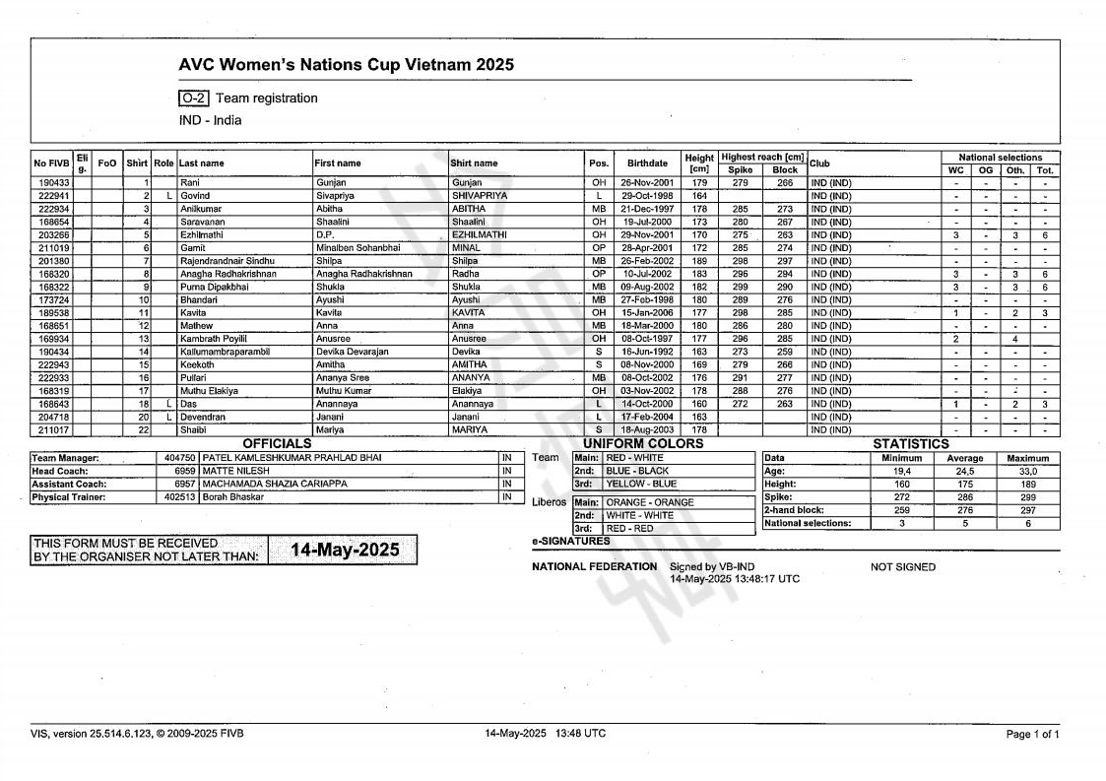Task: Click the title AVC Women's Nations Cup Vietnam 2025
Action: coord(346,66)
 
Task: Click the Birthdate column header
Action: coord(647,163)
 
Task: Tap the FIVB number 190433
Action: coord(53,183)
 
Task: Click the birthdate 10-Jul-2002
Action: coord(646,274)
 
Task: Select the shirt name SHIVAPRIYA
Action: coord(480,196)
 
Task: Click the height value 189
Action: coord(699,261)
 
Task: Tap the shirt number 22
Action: coord(143,429)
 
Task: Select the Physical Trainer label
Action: coord(70,497)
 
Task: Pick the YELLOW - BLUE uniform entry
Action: coord(641,484)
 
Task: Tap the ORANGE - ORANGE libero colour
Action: coord(649,502)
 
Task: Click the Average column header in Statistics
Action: coord(964,458)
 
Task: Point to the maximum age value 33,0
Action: coord(1027,472)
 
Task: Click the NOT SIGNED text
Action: coord(903,567)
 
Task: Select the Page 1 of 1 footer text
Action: coord(1032,735)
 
